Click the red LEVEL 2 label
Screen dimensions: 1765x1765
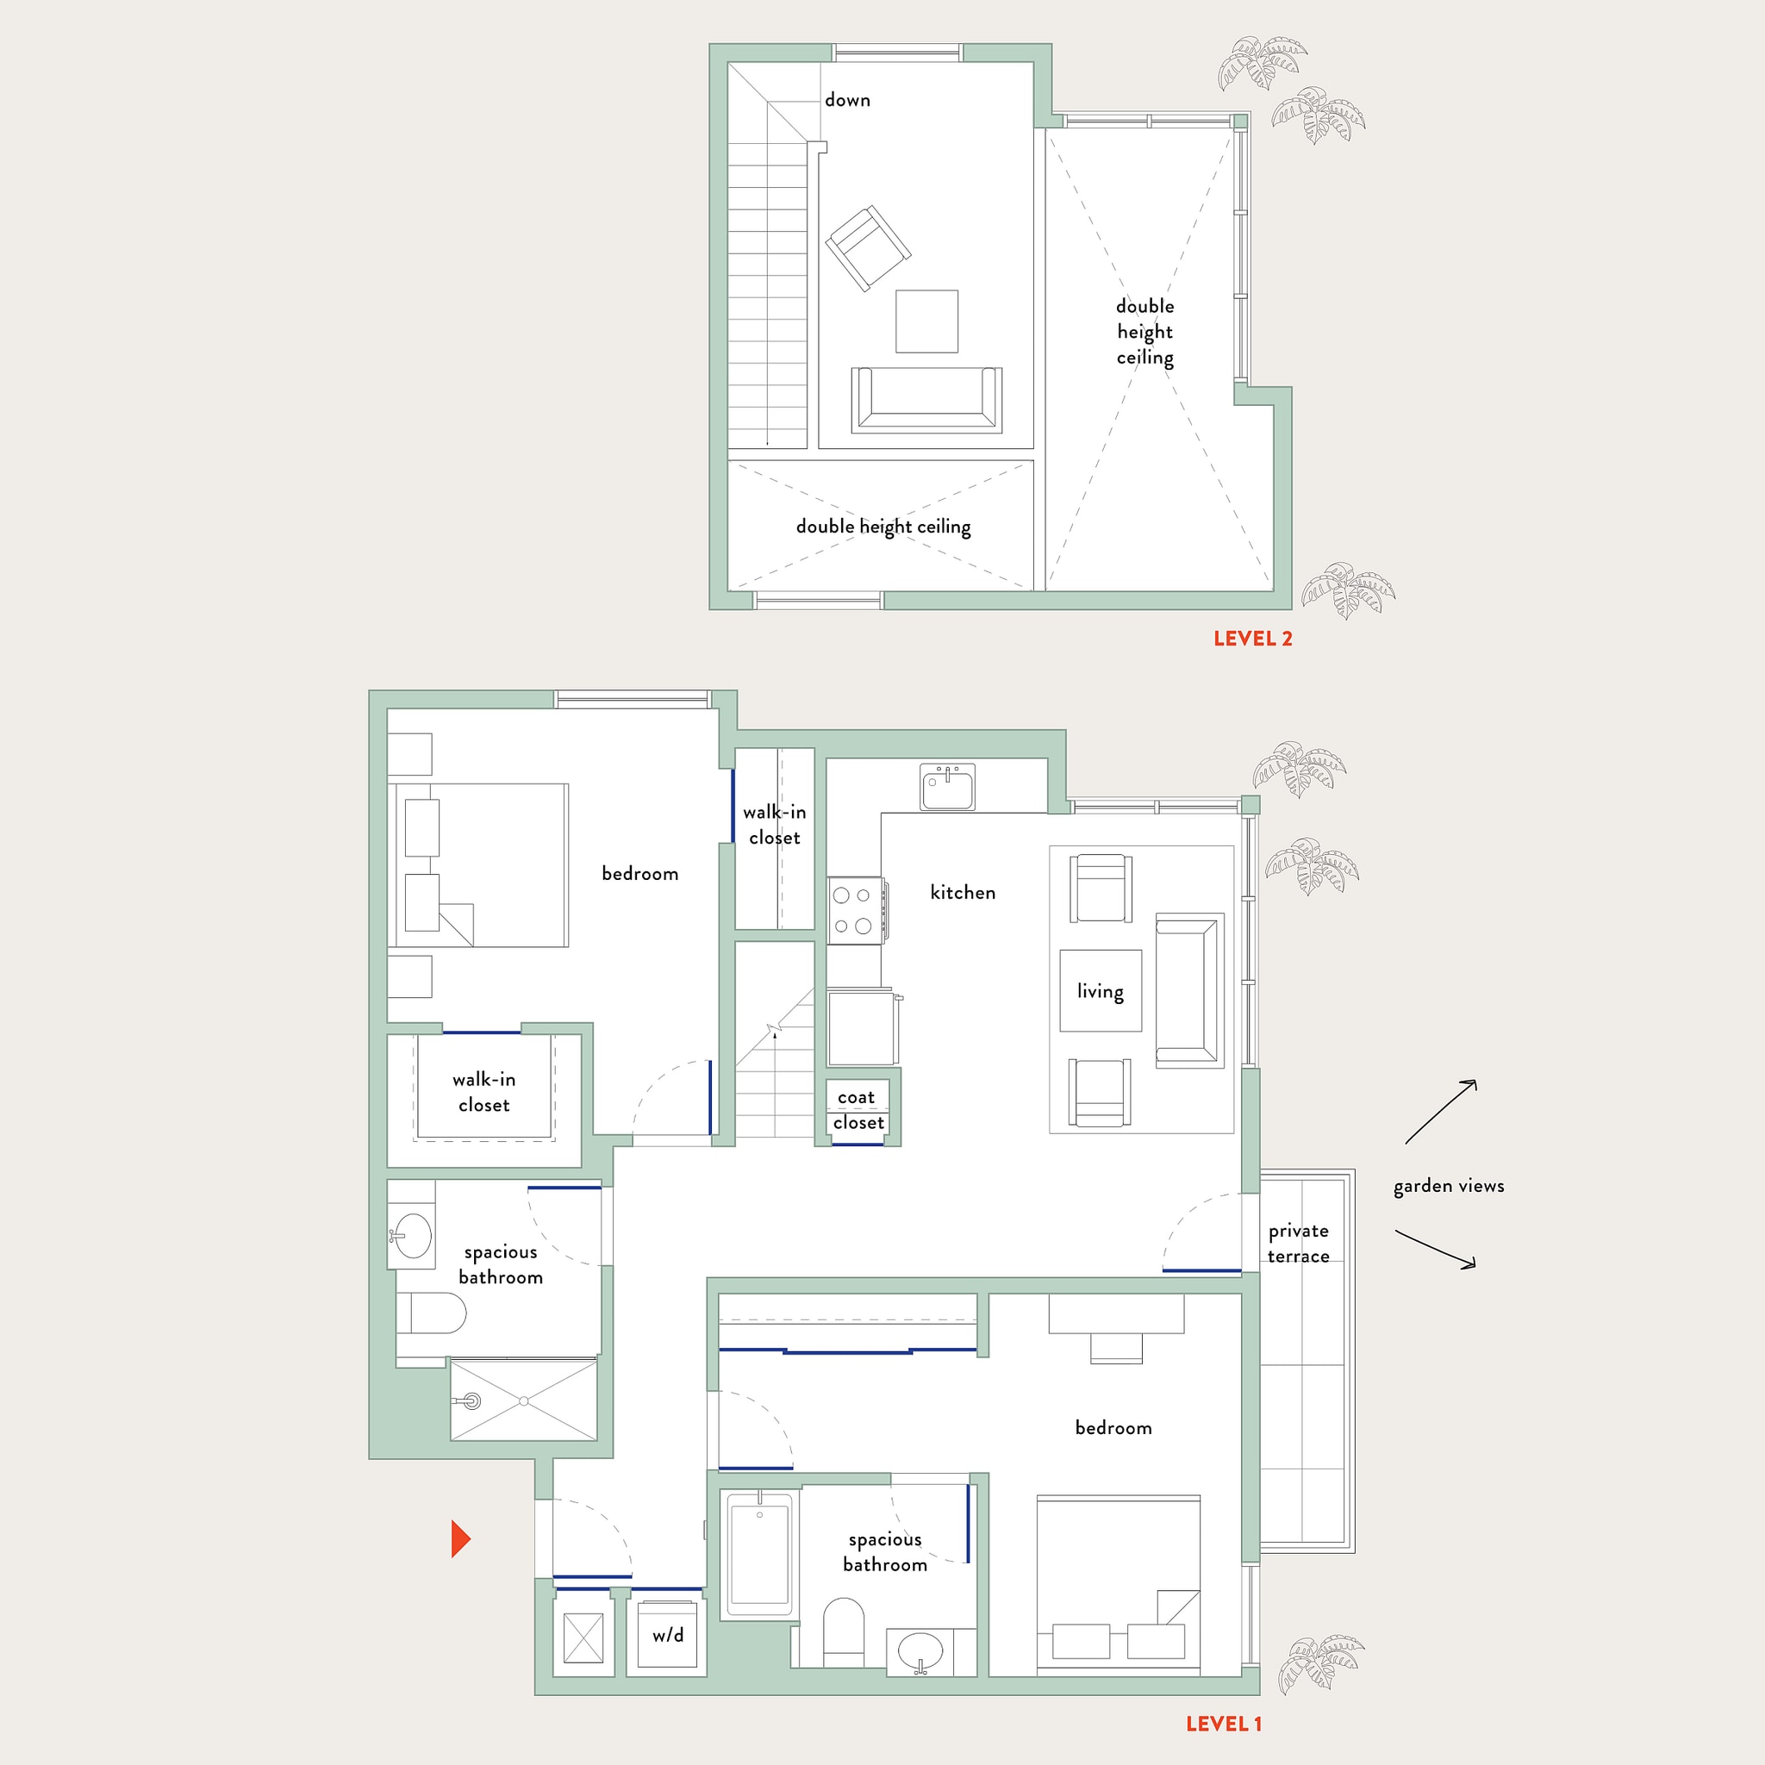point(1251,639)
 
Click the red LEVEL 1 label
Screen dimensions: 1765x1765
point(1223,1723)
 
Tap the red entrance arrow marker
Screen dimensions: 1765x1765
point(460,1538)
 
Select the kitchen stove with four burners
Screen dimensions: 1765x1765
point(854,911)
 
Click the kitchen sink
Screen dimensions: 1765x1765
point(947,789)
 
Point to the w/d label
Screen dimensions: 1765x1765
point(668,1635)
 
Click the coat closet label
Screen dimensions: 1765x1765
point(858,1109)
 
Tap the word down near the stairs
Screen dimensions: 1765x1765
point(847,101)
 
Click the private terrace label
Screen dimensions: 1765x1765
point(1297,1243)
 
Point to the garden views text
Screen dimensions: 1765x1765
point(1448,1186)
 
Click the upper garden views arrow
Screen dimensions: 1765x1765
point(1441,1111)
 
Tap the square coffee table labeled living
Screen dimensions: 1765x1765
point(1100,990)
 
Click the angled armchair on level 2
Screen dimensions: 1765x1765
point(868,246)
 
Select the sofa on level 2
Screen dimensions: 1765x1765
point(926,399)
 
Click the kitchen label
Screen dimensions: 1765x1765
point(962,893)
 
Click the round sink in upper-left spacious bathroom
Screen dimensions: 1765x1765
point(413,1235)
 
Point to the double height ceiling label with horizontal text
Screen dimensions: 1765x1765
point(882,527)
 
